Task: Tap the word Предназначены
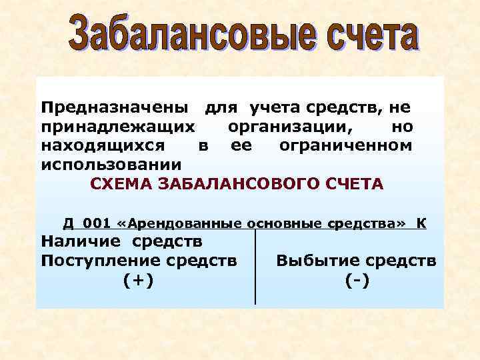(x=117, y=107)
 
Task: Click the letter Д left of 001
(x=69, y=222)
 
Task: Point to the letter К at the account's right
(x=422, y=222)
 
